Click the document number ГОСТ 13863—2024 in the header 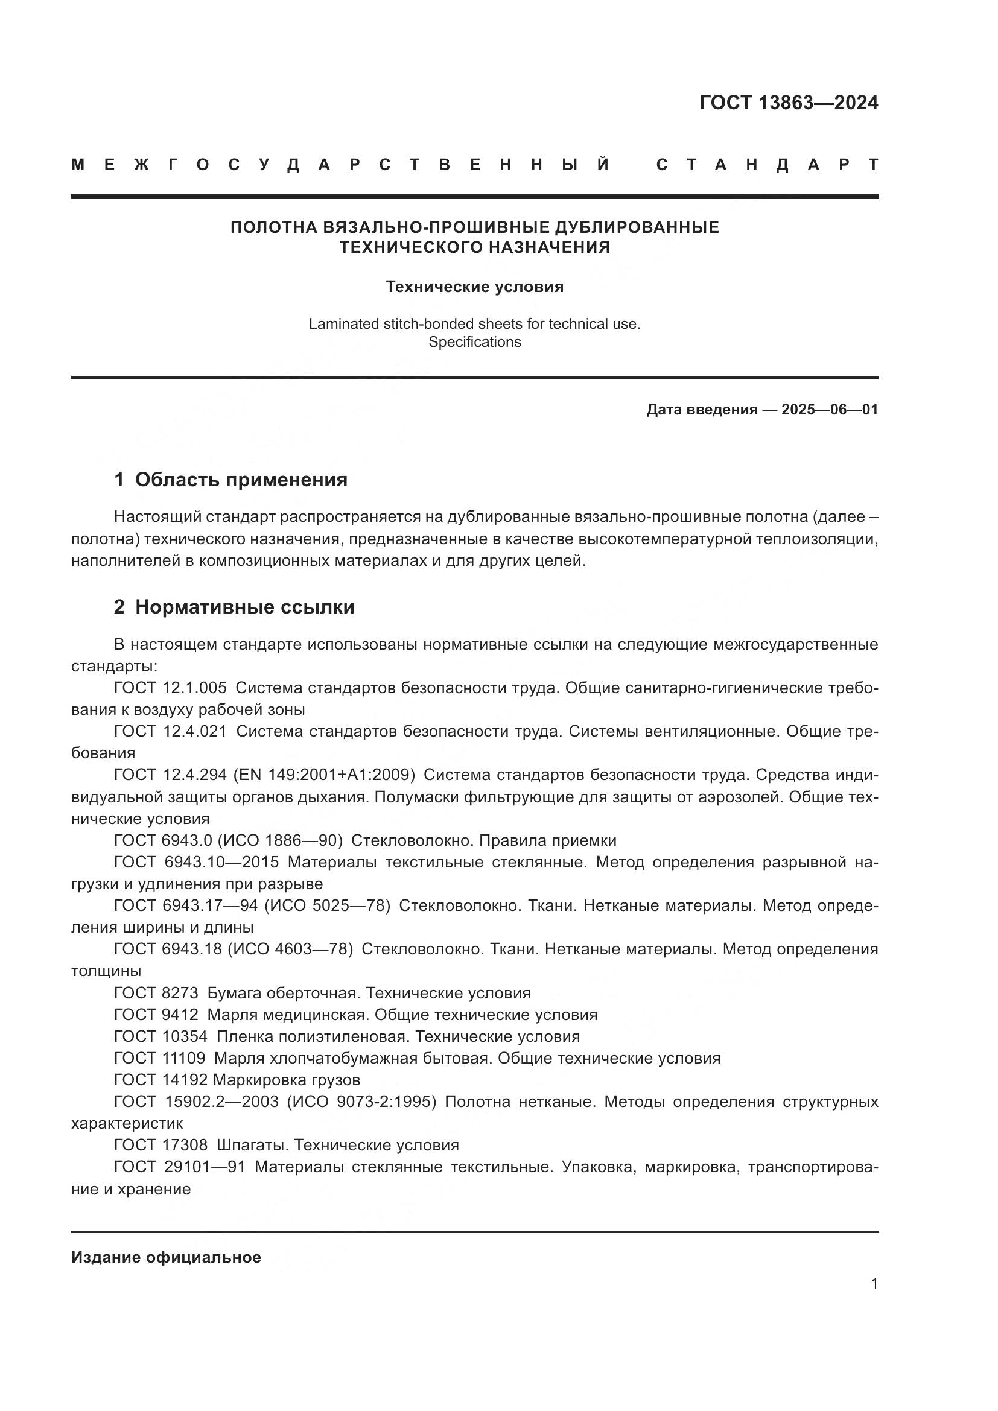tap(789, 103)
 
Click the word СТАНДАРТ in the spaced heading tap(768, 165)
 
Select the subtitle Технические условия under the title tap(474, 287)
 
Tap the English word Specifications tap(474, 342)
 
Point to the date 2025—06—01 tap(830, 410)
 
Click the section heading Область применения tap(241, 480)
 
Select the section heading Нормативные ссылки tap(244, 607)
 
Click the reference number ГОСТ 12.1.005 tap(170, 688)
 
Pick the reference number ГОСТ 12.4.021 tap(170, 731)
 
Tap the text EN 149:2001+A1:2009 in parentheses tap(324, 775)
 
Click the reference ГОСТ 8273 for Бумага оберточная tap(156, 993)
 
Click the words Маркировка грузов tap(287, 1080)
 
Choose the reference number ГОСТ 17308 tap(161, 1145)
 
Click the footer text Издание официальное tap(166, 1257)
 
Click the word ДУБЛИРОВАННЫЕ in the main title tap(637, 227)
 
